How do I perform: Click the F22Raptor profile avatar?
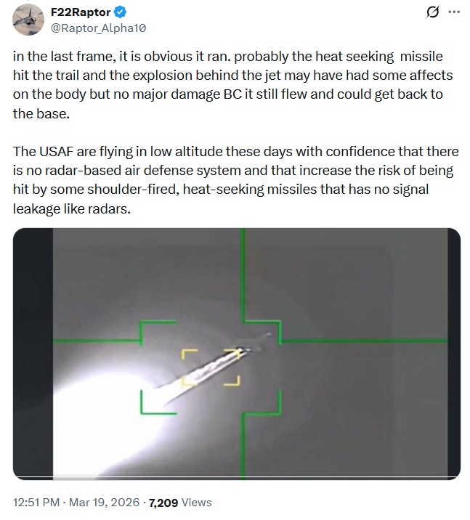[x=28, y=20]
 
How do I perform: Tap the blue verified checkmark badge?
[x=120, y=12]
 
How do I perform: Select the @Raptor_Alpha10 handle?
[x=98, y=28]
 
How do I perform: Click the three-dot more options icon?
[x=454, y=12]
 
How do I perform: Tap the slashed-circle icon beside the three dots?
[x=432, y=12]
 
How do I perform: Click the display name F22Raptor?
[x=81, y=12]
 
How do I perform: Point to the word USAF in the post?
[x=57, y=152]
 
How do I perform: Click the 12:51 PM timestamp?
[x=36, y=502]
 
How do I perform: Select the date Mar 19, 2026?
[x=104, y=502]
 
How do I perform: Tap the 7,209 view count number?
[x=163, y=503]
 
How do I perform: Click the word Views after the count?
[x=196, y=502]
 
